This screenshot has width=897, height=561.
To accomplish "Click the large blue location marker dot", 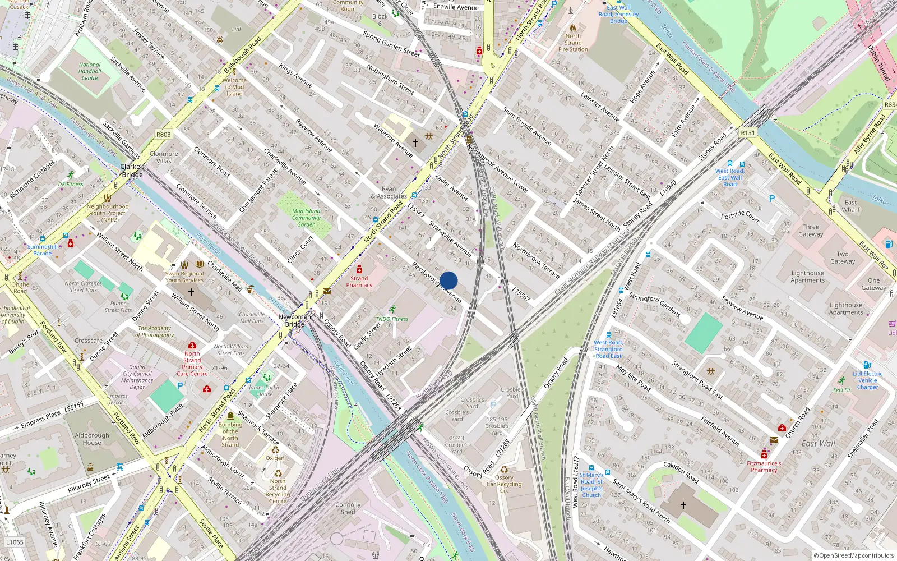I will pos(449,280).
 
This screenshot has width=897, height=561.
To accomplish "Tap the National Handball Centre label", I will pos(90,71).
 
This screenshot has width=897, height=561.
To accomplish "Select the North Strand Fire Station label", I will pos(573,43).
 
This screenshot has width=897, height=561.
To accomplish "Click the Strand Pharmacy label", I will pos(359,282).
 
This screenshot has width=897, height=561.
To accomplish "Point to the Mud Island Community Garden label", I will pos(306,218).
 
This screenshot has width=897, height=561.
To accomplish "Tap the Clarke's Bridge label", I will pos(132,171).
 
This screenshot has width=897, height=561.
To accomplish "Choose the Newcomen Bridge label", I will pos(294,320).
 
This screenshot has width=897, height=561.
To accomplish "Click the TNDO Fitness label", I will pos(392,319).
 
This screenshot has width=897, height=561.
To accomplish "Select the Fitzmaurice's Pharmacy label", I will pos(764,467).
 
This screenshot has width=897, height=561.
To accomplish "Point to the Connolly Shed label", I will pos(348,508).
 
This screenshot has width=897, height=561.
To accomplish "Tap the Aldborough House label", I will pos(92,439).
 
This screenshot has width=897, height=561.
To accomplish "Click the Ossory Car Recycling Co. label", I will pos(504,484).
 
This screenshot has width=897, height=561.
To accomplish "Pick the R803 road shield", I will pos(164,135).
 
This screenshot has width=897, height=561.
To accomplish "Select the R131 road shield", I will pos(748,133).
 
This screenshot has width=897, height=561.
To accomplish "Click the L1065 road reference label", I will pos(15,542).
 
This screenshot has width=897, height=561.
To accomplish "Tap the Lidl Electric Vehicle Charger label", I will pos(867,380).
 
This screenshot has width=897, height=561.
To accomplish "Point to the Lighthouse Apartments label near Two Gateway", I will pos(807,277).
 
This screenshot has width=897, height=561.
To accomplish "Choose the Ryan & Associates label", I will pos(389,192).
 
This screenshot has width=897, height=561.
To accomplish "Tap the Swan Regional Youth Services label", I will pos(184,277).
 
